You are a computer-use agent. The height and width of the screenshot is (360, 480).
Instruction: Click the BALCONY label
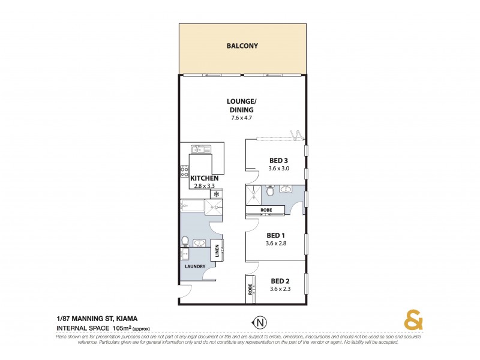click(242, 46)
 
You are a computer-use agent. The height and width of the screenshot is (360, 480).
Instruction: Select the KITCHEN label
click(204, 178)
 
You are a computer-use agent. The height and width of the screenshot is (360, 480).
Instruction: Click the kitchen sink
click(199, 149)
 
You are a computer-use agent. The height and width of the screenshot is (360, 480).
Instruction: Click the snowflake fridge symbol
click(213, 193)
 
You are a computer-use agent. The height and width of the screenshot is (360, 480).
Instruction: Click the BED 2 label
click(280, 281)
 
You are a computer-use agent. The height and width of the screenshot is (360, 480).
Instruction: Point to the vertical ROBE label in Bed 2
click(250, 290)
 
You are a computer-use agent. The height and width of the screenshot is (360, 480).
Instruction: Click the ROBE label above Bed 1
click(265, 209)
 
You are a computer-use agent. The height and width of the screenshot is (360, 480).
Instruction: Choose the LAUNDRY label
click(196, 266)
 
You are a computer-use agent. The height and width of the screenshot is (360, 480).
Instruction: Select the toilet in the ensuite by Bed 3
click(270, 191)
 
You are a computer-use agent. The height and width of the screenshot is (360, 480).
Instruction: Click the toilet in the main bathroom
click(185, 242)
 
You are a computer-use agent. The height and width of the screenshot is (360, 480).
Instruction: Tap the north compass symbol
click(259, 322)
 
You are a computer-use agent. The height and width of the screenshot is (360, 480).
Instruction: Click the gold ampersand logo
click(412, 320)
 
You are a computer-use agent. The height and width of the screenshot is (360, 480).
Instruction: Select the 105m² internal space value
click(124, 328)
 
